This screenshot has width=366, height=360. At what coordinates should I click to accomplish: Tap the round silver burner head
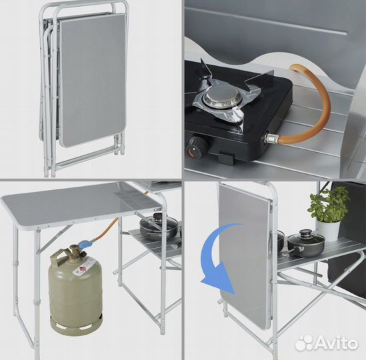(219, 97)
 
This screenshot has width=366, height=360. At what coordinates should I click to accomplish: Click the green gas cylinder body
(75, 290)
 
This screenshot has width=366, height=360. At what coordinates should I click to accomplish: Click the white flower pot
(328, 231)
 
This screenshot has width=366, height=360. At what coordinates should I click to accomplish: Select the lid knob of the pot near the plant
(305, 232)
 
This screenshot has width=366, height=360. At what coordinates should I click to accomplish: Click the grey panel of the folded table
(93, 79)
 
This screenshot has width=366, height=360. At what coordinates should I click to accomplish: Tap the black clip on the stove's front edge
(225, 158)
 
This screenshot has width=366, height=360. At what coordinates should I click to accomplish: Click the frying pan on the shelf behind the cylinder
(159, 227)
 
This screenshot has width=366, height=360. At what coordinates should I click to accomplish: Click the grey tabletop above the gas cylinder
(82, 204)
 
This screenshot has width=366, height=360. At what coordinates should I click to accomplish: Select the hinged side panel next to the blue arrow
(245, 255)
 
